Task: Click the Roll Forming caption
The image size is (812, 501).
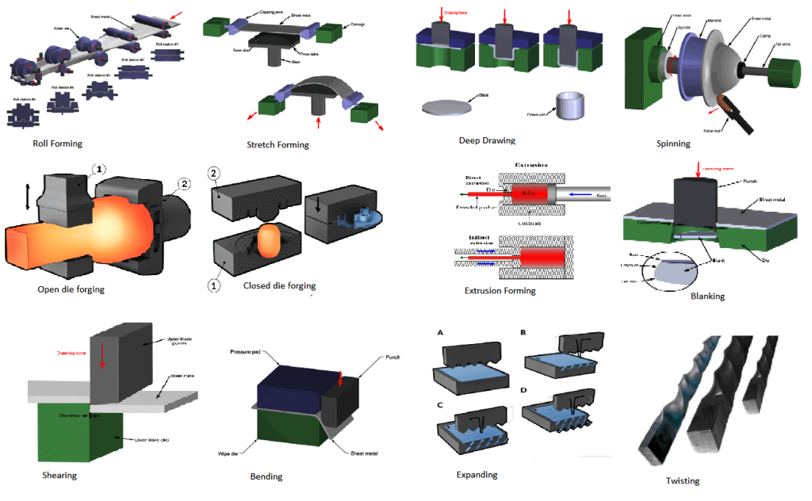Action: point(56,143)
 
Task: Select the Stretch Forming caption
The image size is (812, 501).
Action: point(278,145)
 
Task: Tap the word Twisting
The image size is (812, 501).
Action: point(682,480)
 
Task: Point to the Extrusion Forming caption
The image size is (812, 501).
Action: point(500,290)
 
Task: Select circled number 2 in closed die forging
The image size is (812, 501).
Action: point(212,174)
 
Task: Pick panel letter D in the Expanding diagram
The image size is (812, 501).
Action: point(523,391)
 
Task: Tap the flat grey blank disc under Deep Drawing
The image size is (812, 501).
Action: point(449,107)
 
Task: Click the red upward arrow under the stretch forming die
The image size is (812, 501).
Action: point(319,124)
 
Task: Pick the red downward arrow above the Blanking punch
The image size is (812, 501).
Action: point(699,169)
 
